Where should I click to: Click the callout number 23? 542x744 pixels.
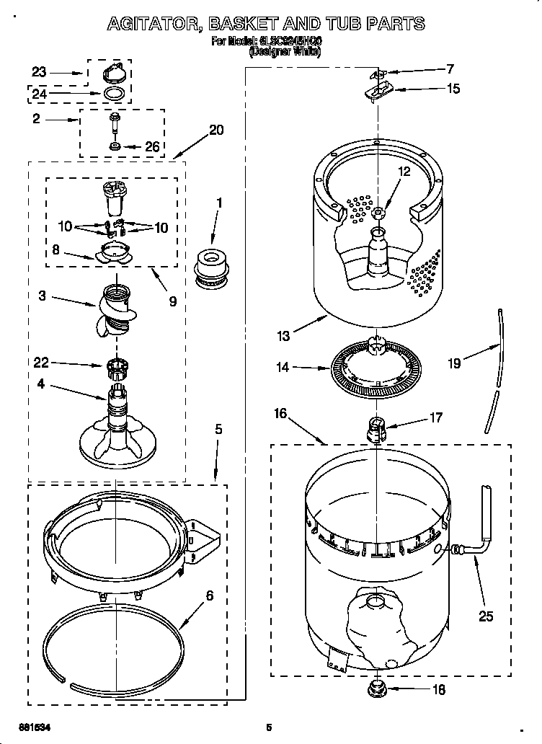coord(39,72)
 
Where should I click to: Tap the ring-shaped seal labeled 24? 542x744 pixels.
coord(115,94)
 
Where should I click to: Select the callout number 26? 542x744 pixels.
coord(151,146)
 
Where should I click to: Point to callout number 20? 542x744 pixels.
coord(216,130)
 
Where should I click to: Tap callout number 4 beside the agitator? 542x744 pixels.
coord(40,384)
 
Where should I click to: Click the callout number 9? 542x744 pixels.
coord(172,301)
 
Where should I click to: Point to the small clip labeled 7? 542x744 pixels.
coord(376,73)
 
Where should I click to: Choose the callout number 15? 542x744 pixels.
coord(453,89)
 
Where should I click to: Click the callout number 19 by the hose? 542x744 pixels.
coord(453,363)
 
